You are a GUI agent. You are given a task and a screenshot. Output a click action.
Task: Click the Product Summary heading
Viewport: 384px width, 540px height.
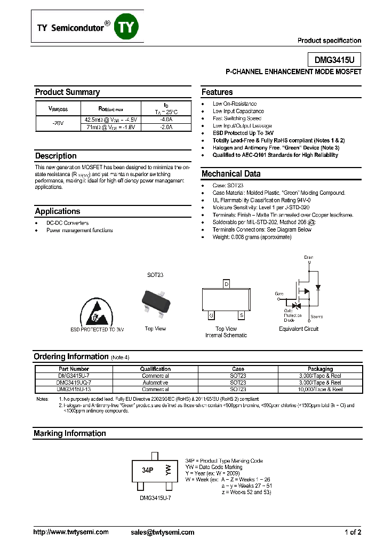tap(67, 92)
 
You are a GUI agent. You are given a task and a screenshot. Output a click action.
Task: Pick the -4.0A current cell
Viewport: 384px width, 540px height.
tap(165, 120)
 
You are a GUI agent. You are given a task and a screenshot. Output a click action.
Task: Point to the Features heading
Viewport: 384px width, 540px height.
tap(217, 92)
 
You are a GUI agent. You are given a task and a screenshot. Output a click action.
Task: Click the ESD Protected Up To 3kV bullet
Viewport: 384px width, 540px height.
tap(243, 133)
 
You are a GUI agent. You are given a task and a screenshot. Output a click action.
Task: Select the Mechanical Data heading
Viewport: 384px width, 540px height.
tap(231, 174)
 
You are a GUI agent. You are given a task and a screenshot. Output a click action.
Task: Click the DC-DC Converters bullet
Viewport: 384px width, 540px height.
tap(67, 223)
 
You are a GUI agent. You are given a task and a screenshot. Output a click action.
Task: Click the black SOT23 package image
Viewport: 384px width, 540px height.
tap(155, 303)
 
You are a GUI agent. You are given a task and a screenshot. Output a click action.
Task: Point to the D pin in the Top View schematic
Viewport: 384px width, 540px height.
tap(226, 284)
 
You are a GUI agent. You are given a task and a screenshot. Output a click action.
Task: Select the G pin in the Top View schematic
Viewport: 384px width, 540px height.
tap(211, 316)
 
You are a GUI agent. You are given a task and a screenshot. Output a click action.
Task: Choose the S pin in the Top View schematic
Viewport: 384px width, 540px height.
tap(241, 316)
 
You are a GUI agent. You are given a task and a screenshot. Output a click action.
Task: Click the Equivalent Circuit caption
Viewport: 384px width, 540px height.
tap(299, 329)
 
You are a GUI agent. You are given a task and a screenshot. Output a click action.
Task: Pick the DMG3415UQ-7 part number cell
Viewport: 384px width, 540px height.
tap(74, 383)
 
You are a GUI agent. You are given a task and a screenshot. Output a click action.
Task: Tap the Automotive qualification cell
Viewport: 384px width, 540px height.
tap(155, 383)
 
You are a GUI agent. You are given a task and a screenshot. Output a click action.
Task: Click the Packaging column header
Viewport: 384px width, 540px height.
tap(320, 369)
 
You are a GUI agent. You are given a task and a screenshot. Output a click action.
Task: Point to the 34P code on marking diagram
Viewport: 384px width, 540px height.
tap(148, 471)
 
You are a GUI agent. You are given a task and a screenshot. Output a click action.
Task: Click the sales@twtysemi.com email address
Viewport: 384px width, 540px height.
tap(162, 532)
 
